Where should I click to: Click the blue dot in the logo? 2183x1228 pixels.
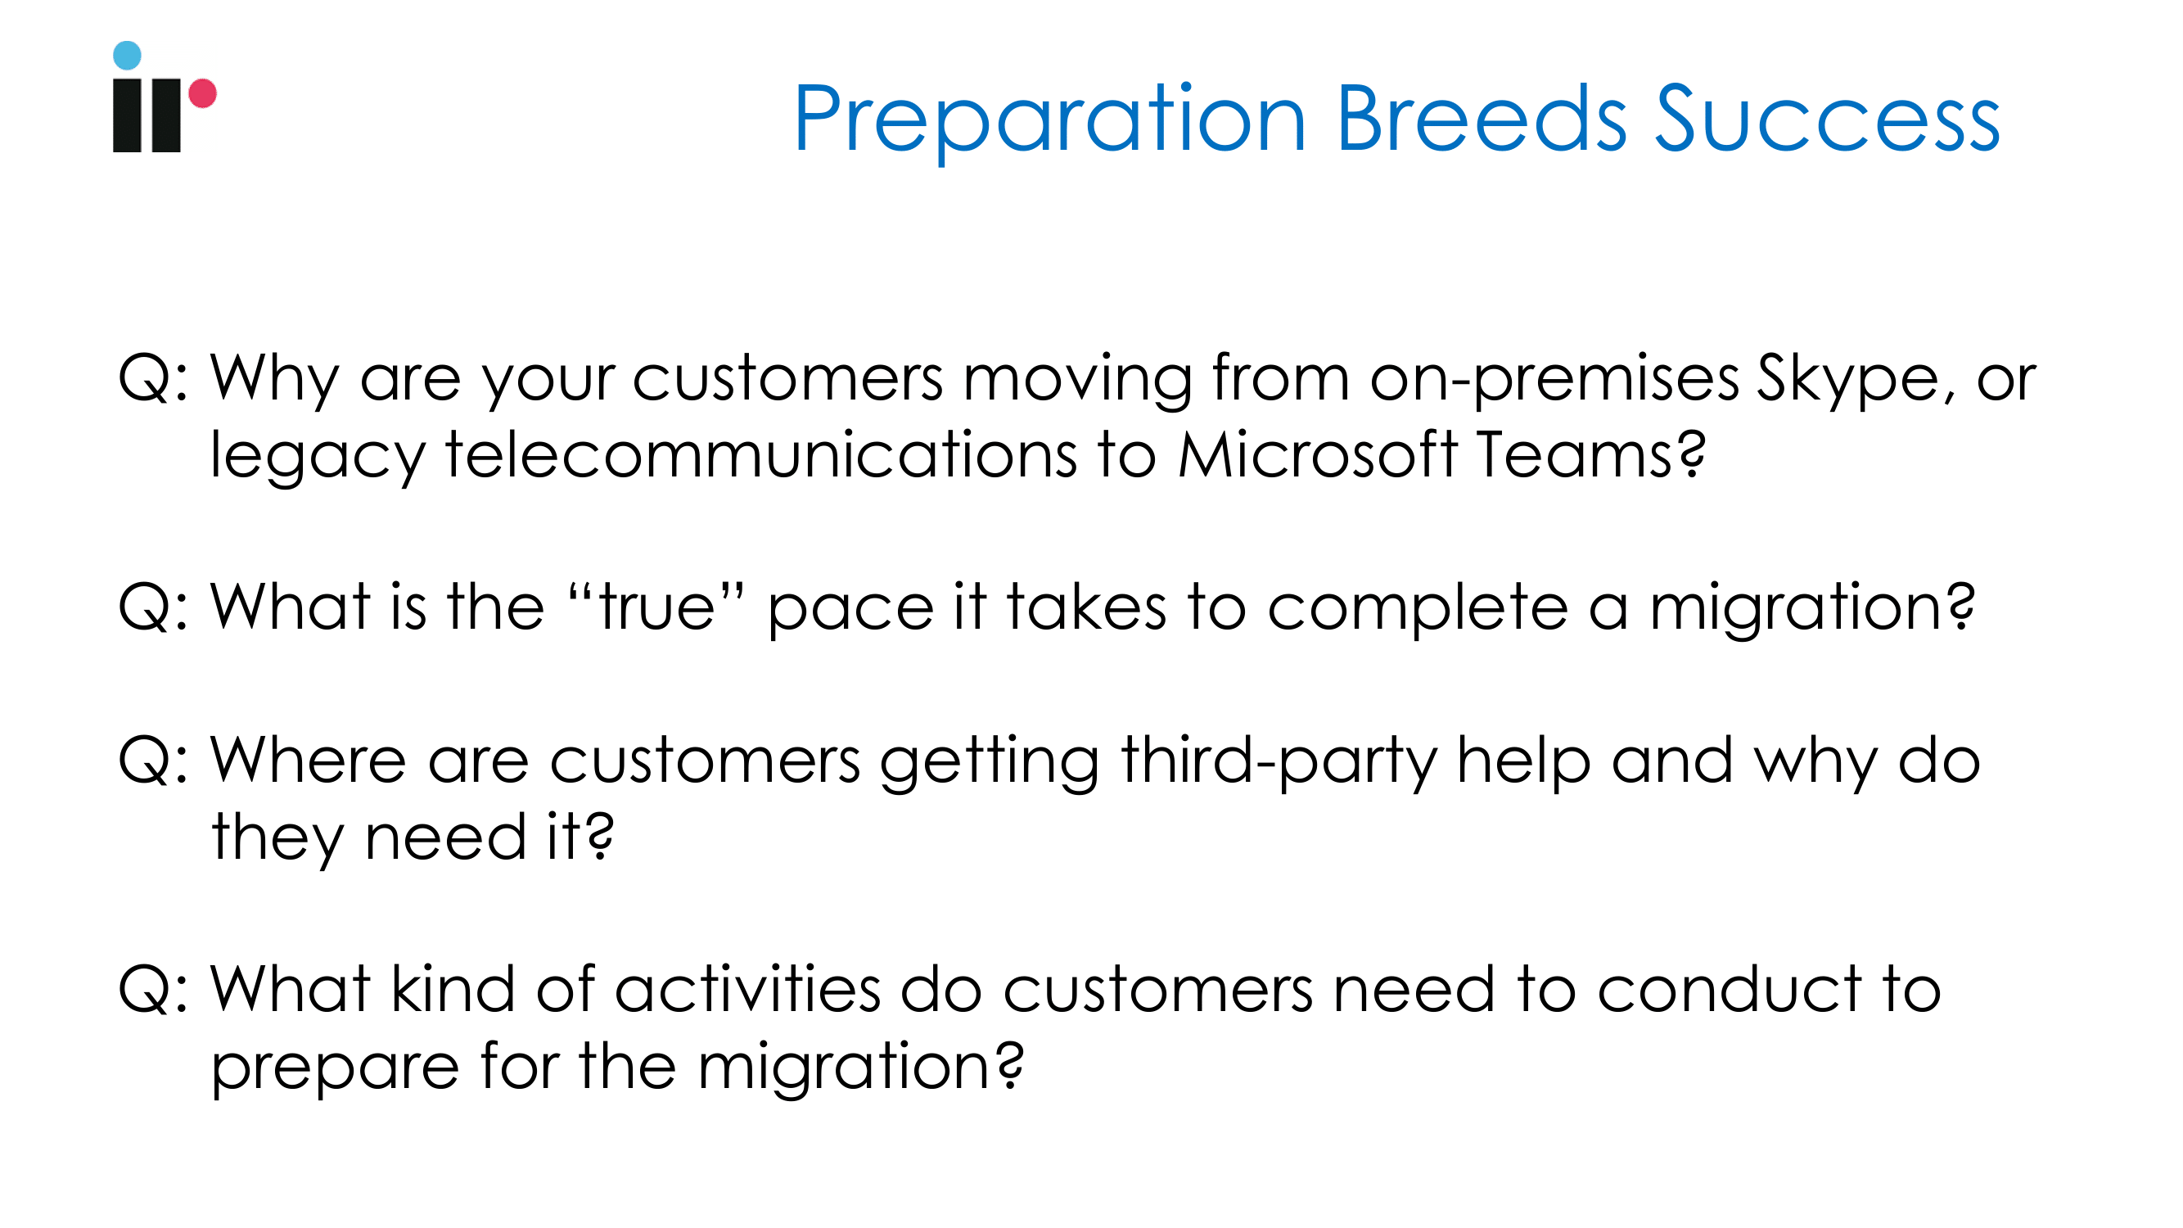click(127, 55)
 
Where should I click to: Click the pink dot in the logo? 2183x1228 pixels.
click(202, 93)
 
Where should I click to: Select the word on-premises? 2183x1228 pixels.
click(1555, 379)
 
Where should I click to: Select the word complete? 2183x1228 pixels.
click(1418, 608)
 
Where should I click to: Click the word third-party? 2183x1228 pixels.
click(1279, 761)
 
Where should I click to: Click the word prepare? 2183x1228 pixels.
click(336, 1069)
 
